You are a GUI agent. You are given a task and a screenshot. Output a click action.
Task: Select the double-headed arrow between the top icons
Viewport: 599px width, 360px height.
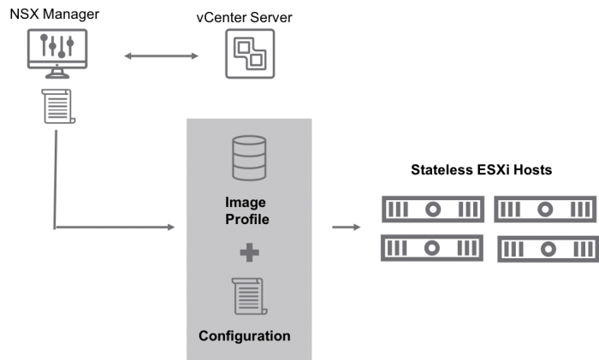(x=161, y=56)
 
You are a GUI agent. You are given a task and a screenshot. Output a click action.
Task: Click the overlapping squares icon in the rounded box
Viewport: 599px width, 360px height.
(x=250, y=54)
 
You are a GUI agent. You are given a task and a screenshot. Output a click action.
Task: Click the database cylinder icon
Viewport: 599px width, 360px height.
(x=249, y=157)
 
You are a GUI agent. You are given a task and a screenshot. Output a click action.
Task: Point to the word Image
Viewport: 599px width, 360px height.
(x=246, y=203)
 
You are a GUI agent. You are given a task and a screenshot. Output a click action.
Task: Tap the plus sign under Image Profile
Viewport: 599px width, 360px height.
(x=249, y=252)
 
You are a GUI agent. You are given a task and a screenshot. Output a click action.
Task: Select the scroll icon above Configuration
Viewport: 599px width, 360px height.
(x=249, y=297)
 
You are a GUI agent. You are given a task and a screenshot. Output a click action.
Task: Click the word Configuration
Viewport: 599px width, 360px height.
(x=245, y=336)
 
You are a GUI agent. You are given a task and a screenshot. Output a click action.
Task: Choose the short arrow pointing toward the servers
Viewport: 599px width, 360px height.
(x=346, y=227)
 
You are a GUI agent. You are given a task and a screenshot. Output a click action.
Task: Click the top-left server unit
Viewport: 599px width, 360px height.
(x=432, y=209)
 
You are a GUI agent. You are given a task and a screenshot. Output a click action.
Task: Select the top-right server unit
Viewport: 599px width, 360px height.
(x=544, y=209)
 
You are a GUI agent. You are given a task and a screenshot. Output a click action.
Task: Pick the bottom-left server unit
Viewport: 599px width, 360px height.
(x=432, y=248)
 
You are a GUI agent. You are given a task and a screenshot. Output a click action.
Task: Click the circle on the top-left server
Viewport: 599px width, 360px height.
(x=433, y=209)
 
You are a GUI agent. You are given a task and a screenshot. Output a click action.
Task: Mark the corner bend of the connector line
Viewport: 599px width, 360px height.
(x=55, y=227)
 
